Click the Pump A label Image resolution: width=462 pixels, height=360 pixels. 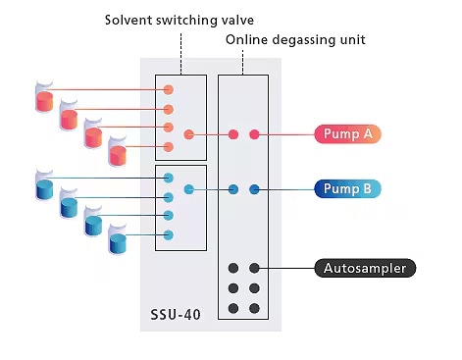(347, 134)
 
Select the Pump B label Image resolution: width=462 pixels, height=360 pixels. (347, 189)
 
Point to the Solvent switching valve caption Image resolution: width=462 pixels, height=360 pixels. (182, 19)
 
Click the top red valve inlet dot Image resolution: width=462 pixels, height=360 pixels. (169, 90)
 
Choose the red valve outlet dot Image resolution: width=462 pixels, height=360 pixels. (189, 134)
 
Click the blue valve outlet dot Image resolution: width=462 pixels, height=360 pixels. (189, 189)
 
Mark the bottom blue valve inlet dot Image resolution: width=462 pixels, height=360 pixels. (169, 234)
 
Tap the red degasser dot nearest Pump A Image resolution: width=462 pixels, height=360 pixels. (255, 134)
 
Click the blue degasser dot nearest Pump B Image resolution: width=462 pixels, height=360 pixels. (255, 189)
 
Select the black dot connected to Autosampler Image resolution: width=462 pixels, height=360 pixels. (255, 268)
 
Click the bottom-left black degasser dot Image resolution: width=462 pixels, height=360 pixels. (233, 308)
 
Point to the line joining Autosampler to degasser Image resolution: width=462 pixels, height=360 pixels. (287, 268)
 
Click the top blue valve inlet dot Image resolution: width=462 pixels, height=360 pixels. (169, 178)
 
